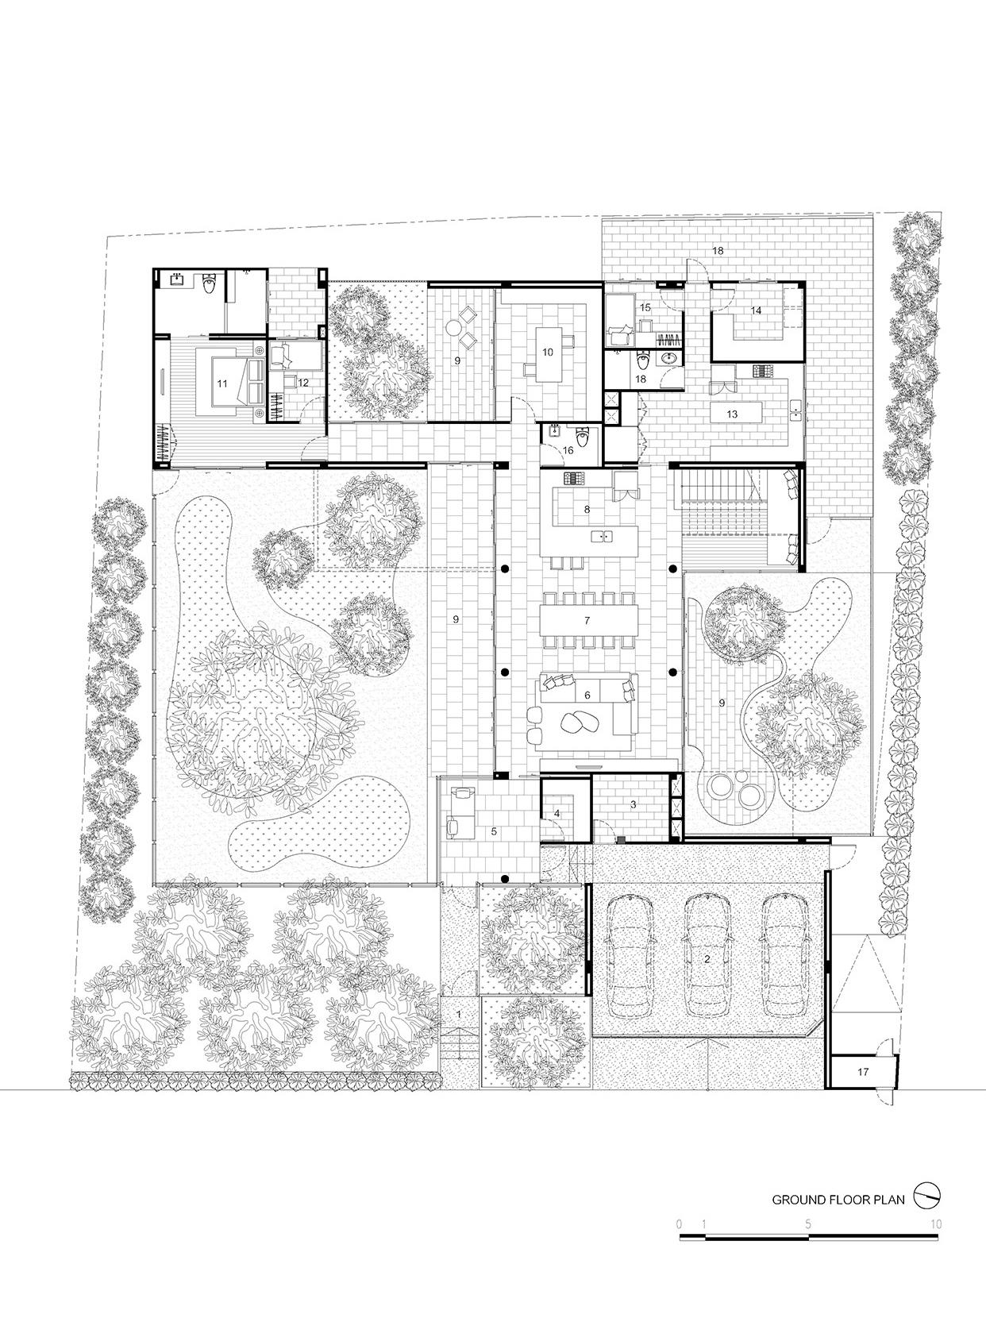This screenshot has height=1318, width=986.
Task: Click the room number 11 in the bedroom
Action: coord(222,383)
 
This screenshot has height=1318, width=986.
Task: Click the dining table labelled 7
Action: coord(588,620)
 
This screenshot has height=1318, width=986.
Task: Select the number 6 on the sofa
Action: coord(587,695)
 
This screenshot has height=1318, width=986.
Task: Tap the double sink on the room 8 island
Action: coord(601,536)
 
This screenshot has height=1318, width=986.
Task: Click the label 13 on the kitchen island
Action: coord(731,414)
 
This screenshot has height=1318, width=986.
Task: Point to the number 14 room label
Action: coord(756,310)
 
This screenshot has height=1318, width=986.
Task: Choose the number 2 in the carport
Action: coord(707,959)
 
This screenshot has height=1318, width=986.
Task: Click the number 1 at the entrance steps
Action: coord(459,1014)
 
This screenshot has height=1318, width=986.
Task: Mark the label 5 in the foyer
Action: coord(494,831)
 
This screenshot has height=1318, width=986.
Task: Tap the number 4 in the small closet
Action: coord(557,814)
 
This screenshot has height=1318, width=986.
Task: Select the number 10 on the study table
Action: coord(547,352)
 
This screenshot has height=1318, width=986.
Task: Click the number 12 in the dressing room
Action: coord(302,383)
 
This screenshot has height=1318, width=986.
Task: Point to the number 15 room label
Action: coord(645,307)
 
